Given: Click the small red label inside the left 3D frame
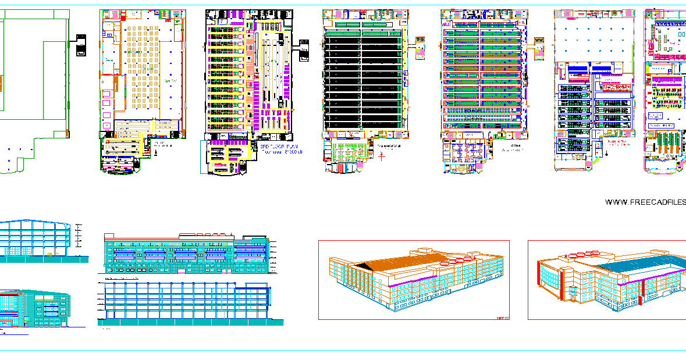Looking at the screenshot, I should [x=502, y=318].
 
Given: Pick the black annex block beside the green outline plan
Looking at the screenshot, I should [x=80, y=45].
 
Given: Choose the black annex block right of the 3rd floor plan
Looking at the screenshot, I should [x=303, y=49].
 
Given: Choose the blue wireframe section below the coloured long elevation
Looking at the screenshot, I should [x=186, y=302].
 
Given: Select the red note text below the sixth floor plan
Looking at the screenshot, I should [x=617, y=143].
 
